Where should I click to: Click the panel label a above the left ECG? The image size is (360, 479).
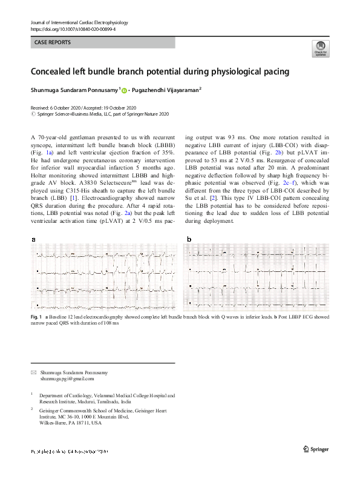[33, 240]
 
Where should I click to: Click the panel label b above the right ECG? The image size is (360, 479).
[189, 240]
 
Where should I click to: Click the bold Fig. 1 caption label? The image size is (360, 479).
[36, 317]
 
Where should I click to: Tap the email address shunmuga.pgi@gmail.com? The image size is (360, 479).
[67, 379]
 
